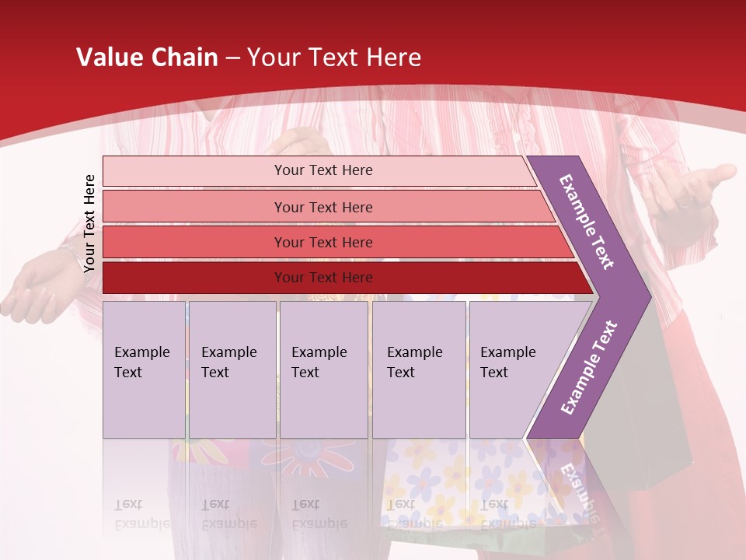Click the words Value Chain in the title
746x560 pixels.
[x=147, y=57]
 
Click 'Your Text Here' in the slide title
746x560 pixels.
[x=334, y=57]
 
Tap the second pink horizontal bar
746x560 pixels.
[x=322, y=207]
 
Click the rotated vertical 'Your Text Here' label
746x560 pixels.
[x=89, y=223]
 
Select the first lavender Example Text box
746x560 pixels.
[x=144, y=369]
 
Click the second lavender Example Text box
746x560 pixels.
[x=232, y=369]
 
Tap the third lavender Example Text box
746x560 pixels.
[x=323, y=369]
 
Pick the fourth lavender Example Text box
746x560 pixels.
[x=419, y=369]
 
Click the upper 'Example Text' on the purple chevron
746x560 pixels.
[x=587, y=222]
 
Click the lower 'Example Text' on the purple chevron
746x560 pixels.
[x=588, y=368]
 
